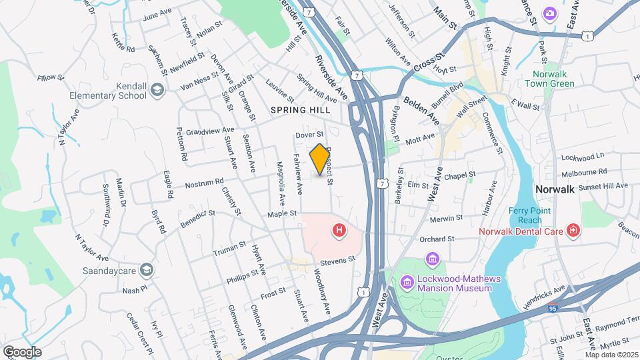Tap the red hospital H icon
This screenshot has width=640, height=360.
339,231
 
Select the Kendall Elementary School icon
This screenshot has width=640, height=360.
157,90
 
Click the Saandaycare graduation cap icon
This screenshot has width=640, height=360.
147,269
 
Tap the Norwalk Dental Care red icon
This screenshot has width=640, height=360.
573,231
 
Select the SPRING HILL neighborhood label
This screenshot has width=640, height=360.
300,109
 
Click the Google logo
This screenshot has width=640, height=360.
21,351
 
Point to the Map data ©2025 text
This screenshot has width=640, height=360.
609,355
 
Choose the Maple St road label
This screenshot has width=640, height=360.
281,214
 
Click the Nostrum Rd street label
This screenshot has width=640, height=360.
204,183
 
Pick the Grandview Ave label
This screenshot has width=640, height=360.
210,131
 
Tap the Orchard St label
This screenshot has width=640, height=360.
437,239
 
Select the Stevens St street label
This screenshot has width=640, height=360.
337,263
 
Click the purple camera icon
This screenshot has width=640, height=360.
550,13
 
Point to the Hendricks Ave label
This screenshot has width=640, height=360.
544,295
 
